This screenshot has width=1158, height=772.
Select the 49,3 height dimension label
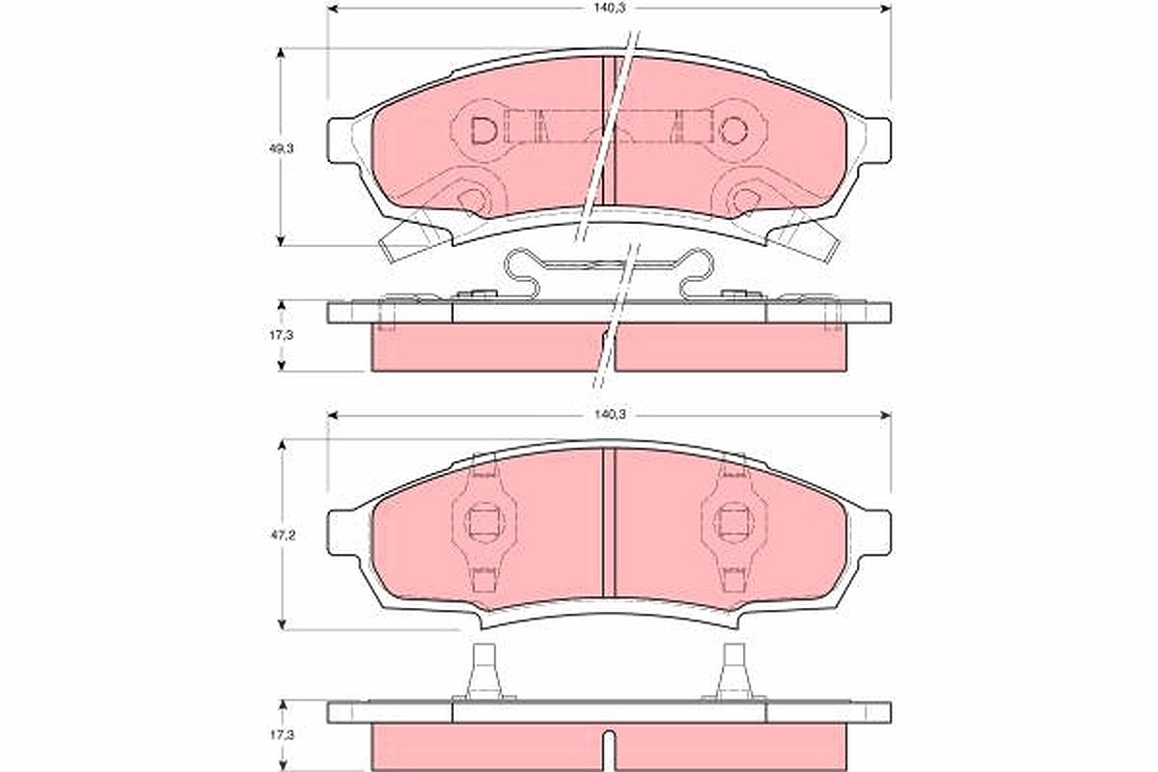tap(281, 149)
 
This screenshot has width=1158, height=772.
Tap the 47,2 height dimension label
tap(282, 536)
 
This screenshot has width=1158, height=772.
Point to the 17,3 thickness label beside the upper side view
tap(281, 335)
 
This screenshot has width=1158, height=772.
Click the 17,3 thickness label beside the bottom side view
tap(282, 734)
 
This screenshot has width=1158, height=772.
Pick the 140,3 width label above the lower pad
tap(610, 414)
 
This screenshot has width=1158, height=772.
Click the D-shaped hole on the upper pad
tap(483, 131)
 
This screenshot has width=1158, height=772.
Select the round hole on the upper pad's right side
tap(733, 130)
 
